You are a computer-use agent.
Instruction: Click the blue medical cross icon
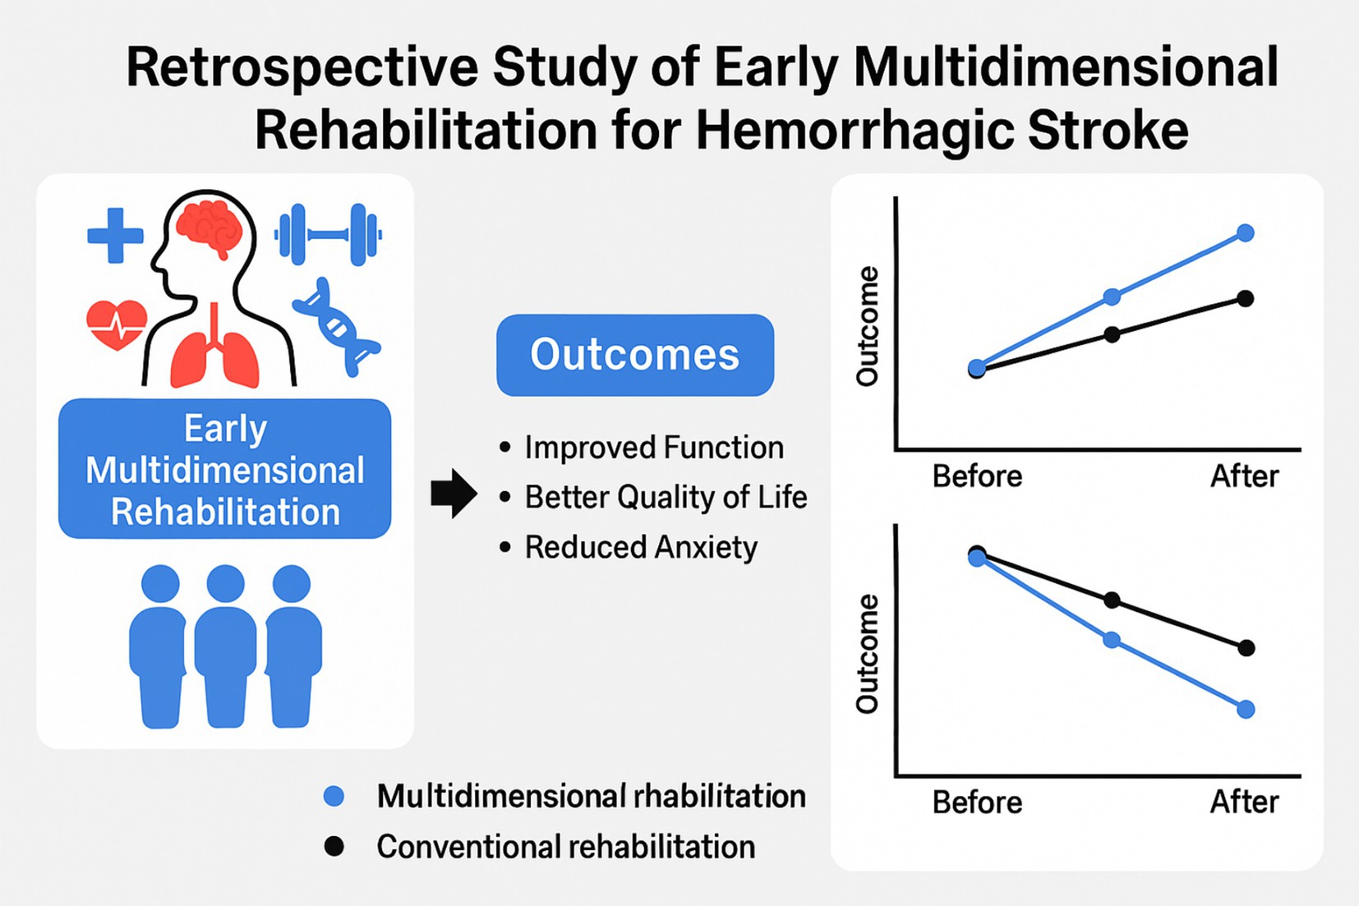pos(115,236)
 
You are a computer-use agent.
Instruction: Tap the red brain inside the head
pos(210,226)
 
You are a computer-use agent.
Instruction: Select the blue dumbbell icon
pos(328,235)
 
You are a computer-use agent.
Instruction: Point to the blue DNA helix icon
pos(337,327)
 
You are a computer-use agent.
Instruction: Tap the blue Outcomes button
pos(634,355)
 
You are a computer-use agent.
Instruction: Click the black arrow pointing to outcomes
pos(454,494)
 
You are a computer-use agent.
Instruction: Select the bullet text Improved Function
pos(654,448)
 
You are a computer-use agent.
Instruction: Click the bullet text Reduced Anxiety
pos(641,547)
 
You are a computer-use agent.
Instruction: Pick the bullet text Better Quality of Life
pos(666,497)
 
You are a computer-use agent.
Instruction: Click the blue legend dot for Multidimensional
pos(334,796)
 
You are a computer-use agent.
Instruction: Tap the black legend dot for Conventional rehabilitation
pos(334,846)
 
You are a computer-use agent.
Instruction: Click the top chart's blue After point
pos(1246,233)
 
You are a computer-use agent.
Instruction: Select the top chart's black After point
pos(1246,298)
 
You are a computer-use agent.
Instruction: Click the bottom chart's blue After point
pos(1246,710)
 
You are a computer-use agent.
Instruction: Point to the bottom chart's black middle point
pos(1112,600)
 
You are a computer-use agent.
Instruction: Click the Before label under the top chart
pos(977,476)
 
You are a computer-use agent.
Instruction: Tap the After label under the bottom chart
pos(1244,803)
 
